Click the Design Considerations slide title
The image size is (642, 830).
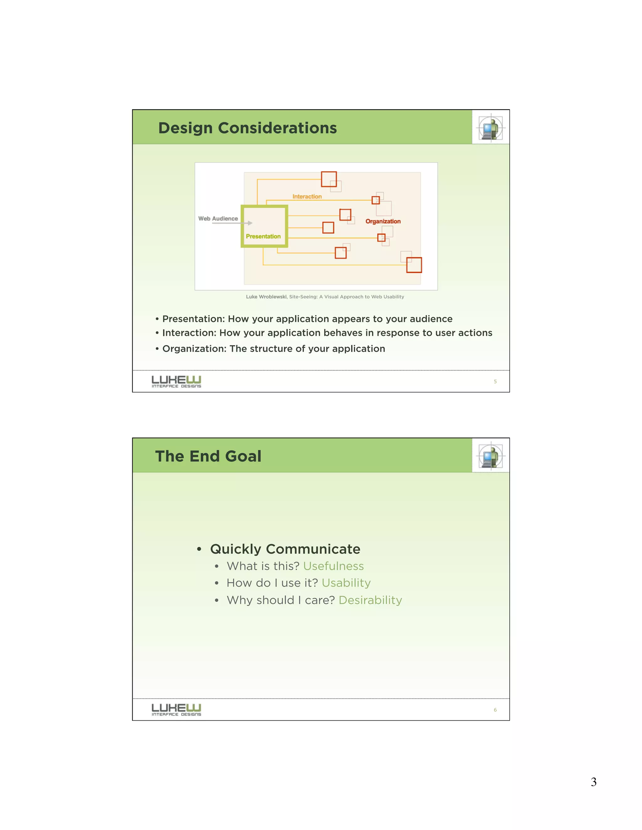click(247, 128)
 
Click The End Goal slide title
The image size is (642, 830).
click(208, 456)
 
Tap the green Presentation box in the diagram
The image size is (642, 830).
click(264, 226)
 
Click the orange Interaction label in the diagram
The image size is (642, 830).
click(307, 196)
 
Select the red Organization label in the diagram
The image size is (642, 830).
click(383, 221)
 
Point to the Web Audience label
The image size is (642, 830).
click(218, 219)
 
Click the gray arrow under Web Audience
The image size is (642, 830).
click(232, 223)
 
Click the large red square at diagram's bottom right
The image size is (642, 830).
click(414, 265)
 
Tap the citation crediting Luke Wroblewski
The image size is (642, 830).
click(325, 297)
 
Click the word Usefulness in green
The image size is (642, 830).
click(333, 566)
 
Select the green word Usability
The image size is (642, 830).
click(346, 583)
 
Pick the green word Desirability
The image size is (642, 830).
click(370, 600)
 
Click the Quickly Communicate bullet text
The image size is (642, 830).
click(285, 549)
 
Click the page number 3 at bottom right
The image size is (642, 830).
click(593, 782)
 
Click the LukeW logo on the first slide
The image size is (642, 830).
click(176, 381)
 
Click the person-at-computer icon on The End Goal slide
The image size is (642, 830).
click(491, 456)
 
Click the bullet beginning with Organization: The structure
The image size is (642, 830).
click(273, 349)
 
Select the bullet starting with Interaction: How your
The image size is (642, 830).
click(327, 333)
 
